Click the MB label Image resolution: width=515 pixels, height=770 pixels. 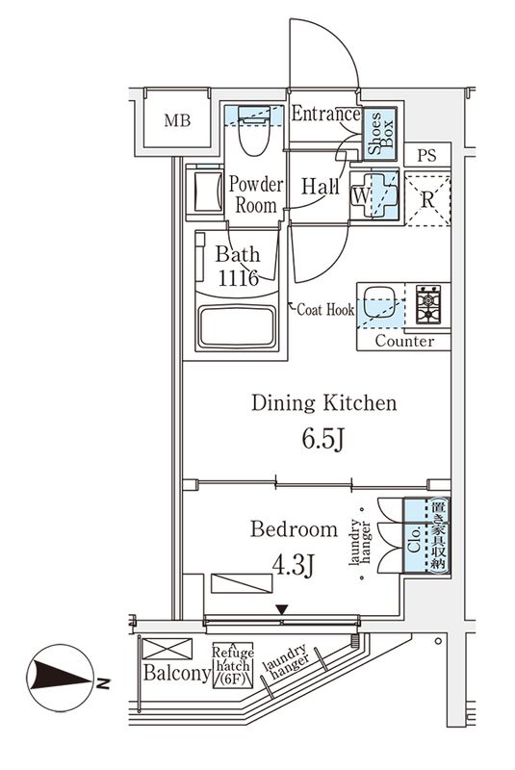point(177,120)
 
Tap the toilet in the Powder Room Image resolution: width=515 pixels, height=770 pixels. point(254,130)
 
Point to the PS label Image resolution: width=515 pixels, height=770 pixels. point(426,156)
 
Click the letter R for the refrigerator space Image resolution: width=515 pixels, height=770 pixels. point(428,200)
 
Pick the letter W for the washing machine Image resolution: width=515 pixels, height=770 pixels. point(361,196)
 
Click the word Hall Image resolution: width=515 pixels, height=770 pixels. point(321,186)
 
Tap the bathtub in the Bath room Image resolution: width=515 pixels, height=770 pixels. point(237,326)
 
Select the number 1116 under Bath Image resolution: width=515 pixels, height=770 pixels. point(239,278)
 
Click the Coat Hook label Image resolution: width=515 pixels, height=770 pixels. point(325,309)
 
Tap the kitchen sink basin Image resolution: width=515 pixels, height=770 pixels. point(378,300)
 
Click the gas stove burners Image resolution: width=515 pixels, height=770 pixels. point(428,304)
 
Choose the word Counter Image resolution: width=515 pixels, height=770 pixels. point(404,341)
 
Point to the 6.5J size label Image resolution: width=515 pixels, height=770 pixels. point(323,439)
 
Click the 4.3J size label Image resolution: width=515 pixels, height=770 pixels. point(293,565)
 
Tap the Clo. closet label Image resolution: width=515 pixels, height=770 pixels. point(414,540)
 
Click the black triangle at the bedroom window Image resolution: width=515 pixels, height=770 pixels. point(281,609)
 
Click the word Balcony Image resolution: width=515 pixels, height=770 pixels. point(177,673)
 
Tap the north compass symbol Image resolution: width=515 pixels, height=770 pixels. point(61,678)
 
